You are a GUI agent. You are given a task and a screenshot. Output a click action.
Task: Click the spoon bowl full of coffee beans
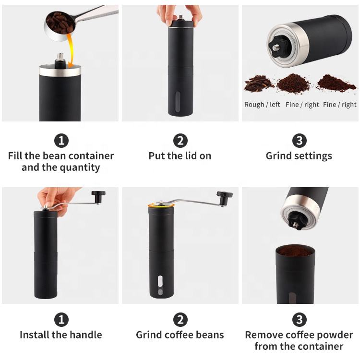pos(59,26)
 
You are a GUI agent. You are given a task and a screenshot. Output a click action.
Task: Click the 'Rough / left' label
pos(262,105)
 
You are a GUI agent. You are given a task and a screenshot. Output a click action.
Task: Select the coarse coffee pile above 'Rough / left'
pos(259,84)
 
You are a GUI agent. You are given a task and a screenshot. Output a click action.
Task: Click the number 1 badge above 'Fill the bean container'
pos(61,141)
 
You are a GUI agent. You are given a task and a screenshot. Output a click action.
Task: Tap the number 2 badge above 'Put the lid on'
pos(180,141)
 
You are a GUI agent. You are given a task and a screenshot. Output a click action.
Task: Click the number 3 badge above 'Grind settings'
pos(300,141)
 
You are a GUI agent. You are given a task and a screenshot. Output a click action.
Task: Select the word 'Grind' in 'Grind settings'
pos(279,156)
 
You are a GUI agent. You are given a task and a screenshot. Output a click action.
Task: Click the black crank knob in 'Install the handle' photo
pos(98,196)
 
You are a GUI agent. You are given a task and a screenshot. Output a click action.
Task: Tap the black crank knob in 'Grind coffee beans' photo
pos(224,198)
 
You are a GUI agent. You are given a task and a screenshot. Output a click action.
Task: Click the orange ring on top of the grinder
pos(161,205)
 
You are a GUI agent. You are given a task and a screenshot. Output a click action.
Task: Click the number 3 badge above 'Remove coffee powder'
pos(300,319)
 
